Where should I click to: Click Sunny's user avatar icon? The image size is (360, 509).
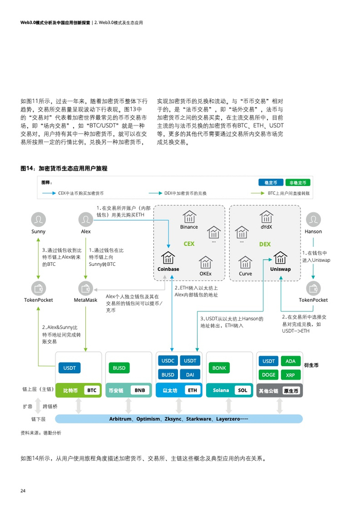(x=38, y=220)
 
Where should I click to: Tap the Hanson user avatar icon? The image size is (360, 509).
(x=313, y=220)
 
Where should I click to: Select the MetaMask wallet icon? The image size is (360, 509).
(x=86, y=288)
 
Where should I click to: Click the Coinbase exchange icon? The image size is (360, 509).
(x=168, y=258)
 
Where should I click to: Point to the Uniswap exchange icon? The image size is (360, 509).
(x=280, y=258)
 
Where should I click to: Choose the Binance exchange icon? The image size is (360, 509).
(x=189, y=216)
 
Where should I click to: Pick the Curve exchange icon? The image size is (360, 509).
(x=245, y=262)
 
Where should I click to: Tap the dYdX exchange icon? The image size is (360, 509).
(x=266, y=216)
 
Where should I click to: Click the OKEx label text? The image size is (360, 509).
(x=206, y=274)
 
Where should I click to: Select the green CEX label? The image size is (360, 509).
(x=189, y=244)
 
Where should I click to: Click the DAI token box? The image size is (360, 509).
(x=190, y=375)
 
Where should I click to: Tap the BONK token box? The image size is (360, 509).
(x=219, y=368)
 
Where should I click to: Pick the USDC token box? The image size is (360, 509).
(x=168, y=360)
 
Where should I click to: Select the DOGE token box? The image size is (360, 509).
(x=268, y=375)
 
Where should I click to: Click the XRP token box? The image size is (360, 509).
(x=290, y=375)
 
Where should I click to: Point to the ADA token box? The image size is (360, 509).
(x=290, y=361)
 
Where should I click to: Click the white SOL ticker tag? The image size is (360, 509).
(x=243, y=390)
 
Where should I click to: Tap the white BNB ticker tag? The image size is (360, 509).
(x=140, y=390)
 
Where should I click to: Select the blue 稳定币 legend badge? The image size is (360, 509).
(x=271, y=183)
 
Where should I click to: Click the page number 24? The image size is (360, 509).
(x=23, y=490)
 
